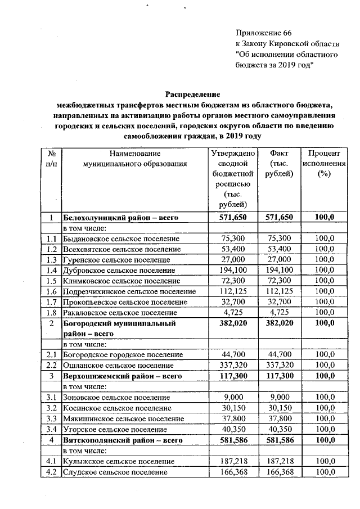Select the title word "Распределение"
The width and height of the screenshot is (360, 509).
192,94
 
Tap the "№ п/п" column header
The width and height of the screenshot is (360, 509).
51,158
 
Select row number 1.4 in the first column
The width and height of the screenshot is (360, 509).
51,270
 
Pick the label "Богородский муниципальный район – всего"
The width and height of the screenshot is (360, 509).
119,328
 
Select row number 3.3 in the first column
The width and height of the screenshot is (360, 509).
51,418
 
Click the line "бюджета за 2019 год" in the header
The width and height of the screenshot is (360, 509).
274,65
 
